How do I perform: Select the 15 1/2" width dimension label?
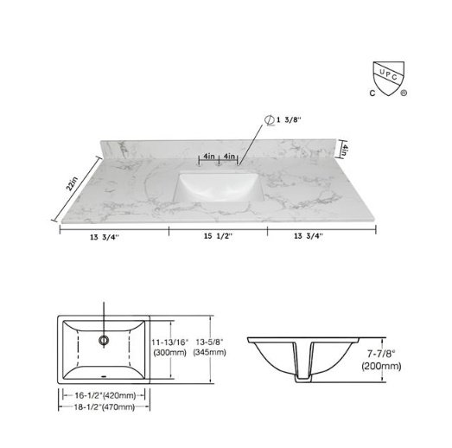click(x=218, y=235)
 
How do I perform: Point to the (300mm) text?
click(x=167, y=353)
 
